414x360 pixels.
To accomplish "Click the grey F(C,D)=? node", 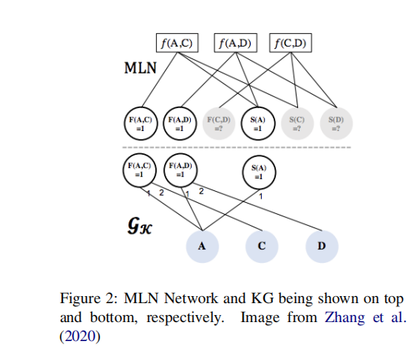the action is point(218,123).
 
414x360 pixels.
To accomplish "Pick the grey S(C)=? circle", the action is point(297,123).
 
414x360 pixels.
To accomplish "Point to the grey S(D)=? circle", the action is point(336,123).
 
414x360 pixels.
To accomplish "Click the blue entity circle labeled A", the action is point(202,246).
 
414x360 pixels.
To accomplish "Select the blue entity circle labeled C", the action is point(262,246).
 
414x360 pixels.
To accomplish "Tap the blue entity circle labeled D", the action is point(322,246).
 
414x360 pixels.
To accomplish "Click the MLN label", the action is point(140,68).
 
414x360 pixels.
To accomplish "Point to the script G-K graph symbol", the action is point(140,226).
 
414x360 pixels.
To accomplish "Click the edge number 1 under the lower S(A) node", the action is point(261,197).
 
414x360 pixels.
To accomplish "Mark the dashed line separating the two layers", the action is point(237,147).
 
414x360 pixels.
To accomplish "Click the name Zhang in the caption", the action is point(345,317).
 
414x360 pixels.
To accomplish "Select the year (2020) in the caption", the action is point(80,336).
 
